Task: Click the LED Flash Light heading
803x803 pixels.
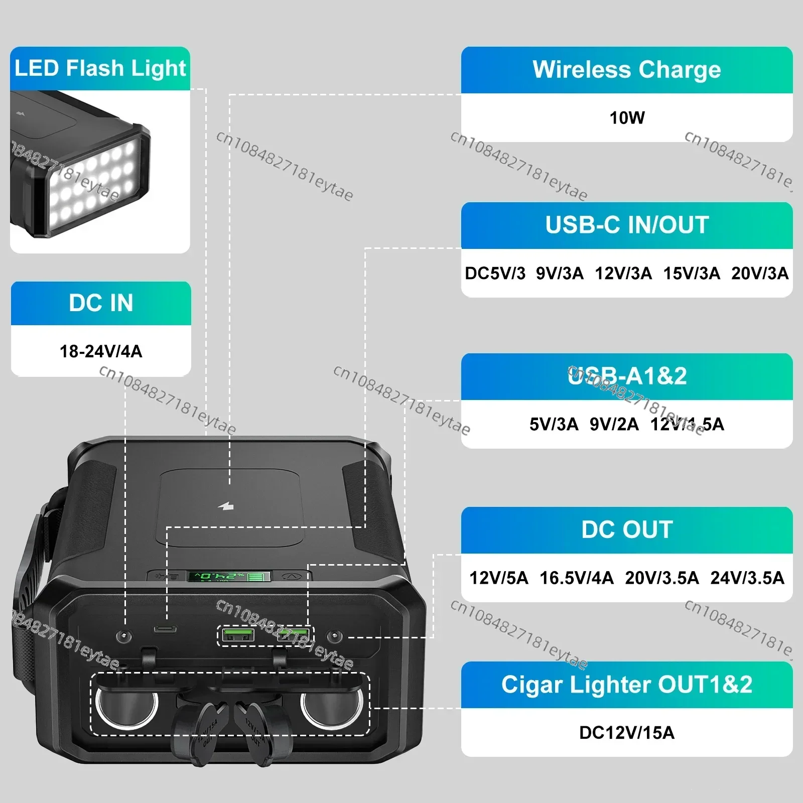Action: (x=100, y=69)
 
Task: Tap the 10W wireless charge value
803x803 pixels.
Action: (x=627, y=118)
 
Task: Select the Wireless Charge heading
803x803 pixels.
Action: (x=627, y=70)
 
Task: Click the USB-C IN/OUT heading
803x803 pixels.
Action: (x=627, y=225)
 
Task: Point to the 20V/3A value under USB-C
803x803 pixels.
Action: (x=759, y=274)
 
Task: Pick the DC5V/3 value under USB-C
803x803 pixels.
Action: (x=495, y=274)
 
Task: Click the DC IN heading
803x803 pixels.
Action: (x=101, y=303)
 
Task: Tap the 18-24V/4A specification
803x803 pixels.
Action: (x=101, y=351)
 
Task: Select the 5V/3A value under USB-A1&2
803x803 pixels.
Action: (x=554, y=425)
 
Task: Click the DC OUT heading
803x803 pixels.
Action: (x=627, y=530)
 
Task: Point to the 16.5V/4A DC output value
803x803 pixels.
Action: (x=576, y=578)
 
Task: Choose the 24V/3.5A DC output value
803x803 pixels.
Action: (x=747, y=578)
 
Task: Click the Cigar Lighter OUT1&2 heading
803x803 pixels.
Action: (x=627, y=685)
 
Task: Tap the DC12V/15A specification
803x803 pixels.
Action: (x=627, y=733)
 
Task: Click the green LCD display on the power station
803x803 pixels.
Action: (x=228, y=576)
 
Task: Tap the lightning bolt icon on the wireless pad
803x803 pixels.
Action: (x=226, y=506)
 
